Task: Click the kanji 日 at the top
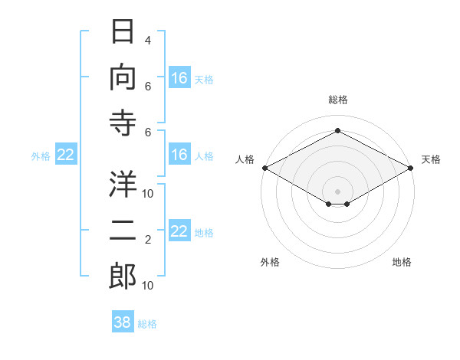click(x=123, y=31)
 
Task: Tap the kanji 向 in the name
click(x=123, y=77)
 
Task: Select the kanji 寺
click(x=123, y=123)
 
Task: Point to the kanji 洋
click(x=123, y=184)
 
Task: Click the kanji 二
click(x=123, y=231)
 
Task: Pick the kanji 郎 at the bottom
click(x=123, y=277)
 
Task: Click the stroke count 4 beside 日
click(x=148, y=41)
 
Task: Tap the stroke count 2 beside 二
click(x=148, y=240)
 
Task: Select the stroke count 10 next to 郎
click(x=147, y=286)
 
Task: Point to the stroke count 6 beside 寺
click(x=148, y=133)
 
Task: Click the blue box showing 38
click(x=123, y=321)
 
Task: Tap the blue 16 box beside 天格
click(x=179, y=77)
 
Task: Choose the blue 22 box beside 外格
click(x=66, y=154)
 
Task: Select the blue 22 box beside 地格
click(x=179, y=231)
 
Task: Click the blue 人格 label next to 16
click(x=204, y=156)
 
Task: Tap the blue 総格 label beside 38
click(x=147, y=324)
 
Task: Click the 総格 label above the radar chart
click(x=338, y=100)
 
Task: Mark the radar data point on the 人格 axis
click(x=265, y=168)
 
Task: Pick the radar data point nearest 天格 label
click(x=411, y=168)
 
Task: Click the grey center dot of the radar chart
click(x=337, y=191)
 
